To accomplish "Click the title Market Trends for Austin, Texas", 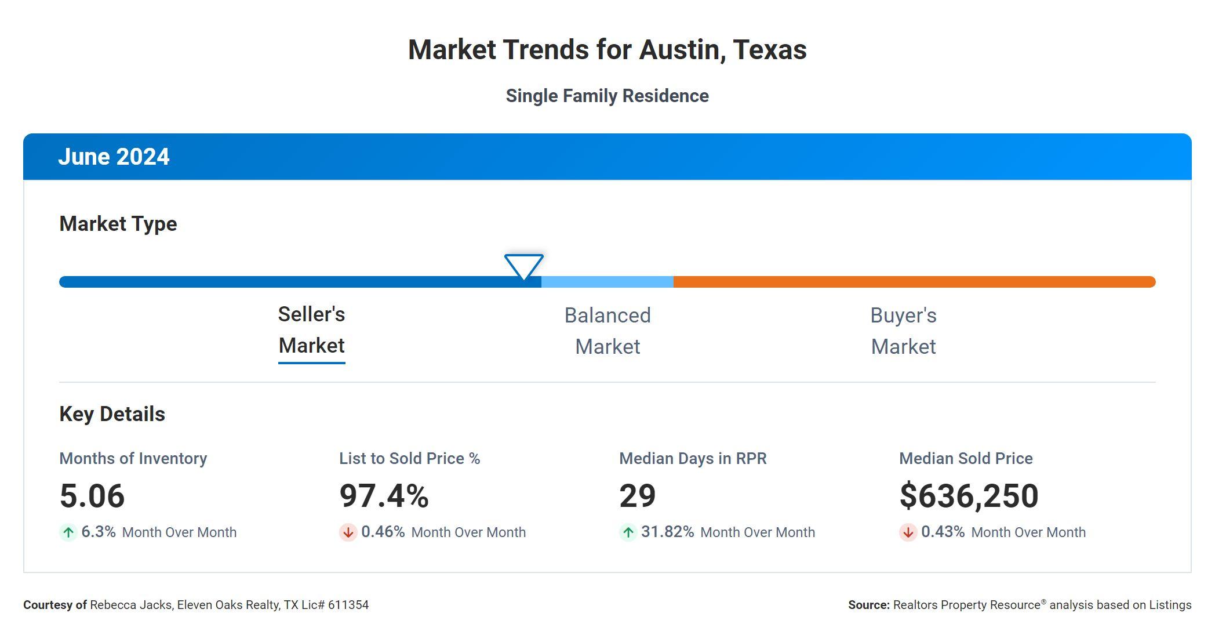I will (607, 50).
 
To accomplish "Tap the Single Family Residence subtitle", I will (607, 96).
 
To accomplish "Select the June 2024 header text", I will (114, 157).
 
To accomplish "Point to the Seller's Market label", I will (311, 330).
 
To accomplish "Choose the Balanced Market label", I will (607, 331).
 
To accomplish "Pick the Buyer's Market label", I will (903, 331).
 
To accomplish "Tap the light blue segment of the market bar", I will (607, 282).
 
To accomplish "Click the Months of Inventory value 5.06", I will (92, 496).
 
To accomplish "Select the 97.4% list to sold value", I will (384, 496).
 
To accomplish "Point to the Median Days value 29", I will (637, 496).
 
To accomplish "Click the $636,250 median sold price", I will (969, 496).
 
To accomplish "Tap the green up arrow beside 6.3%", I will (68, 532).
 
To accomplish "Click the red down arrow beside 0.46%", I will (348, 532).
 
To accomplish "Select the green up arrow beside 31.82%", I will (628, 532).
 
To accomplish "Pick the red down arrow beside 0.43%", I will (908, 532).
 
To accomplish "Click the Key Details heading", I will (112, 414).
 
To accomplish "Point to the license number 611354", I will (348, 605).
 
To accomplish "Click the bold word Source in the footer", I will (868, 605).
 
